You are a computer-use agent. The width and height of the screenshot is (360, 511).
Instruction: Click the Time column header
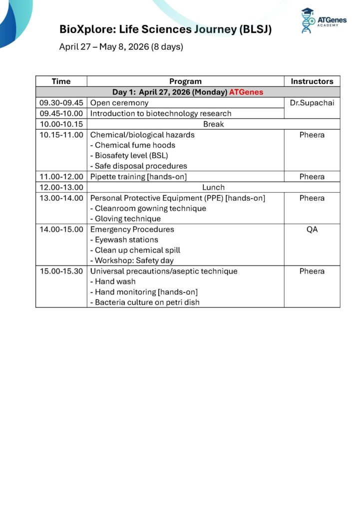tap(61, 81)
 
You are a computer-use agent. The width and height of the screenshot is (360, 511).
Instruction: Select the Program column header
tap(185, 81)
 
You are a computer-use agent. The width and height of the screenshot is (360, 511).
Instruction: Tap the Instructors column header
tap(312, 81)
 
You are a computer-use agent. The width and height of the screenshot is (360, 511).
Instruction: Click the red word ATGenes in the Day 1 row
tap(246, 92)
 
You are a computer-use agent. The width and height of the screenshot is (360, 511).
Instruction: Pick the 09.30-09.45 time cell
tap(61, 103)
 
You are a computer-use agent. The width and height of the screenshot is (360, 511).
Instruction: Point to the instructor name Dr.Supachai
tap(312, 103)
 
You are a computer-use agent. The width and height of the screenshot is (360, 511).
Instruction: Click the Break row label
tap(213, 124)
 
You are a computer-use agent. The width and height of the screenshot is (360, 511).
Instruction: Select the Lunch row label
tap(213, 187)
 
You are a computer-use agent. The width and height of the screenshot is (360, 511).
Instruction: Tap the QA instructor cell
tap(312, 230)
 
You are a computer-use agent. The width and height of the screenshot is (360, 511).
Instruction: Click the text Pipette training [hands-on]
tap(138, 177)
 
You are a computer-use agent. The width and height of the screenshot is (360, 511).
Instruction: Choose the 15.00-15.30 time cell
tap(61, 271)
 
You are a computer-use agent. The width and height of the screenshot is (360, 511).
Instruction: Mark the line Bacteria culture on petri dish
tap(144, 302)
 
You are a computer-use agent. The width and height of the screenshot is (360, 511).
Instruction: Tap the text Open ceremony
tap(119, 103)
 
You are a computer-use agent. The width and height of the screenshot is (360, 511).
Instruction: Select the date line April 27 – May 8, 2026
tap(121, 47)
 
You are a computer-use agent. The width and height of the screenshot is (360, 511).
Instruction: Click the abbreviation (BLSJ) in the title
tap(255, 29)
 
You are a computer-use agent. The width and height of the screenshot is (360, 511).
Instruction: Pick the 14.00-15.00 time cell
tap(61, 230)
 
